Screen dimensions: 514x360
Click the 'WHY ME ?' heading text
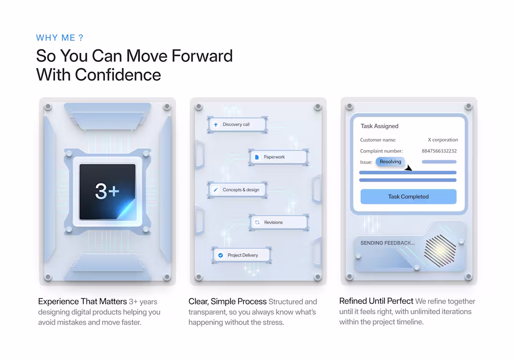60,38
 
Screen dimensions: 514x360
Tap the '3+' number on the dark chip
107,191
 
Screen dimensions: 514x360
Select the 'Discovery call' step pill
237,124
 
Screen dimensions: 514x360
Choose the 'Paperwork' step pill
278,157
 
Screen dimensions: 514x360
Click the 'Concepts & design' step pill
237,190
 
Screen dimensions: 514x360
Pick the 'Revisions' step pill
278,222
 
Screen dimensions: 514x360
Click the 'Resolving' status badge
391,162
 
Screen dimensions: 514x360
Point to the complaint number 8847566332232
439,151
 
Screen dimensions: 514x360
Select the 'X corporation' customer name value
443,140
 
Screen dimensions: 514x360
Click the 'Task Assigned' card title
379,126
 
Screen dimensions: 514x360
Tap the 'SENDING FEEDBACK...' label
387,243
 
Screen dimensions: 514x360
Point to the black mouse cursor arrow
408,168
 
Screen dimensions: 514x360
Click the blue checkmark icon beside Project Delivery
221,255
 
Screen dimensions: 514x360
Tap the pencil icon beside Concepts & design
216,190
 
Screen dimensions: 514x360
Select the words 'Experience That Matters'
82,301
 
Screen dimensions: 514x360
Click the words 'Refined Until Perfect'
376,301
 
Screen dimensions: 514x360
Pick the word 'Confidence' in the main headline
118,75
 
